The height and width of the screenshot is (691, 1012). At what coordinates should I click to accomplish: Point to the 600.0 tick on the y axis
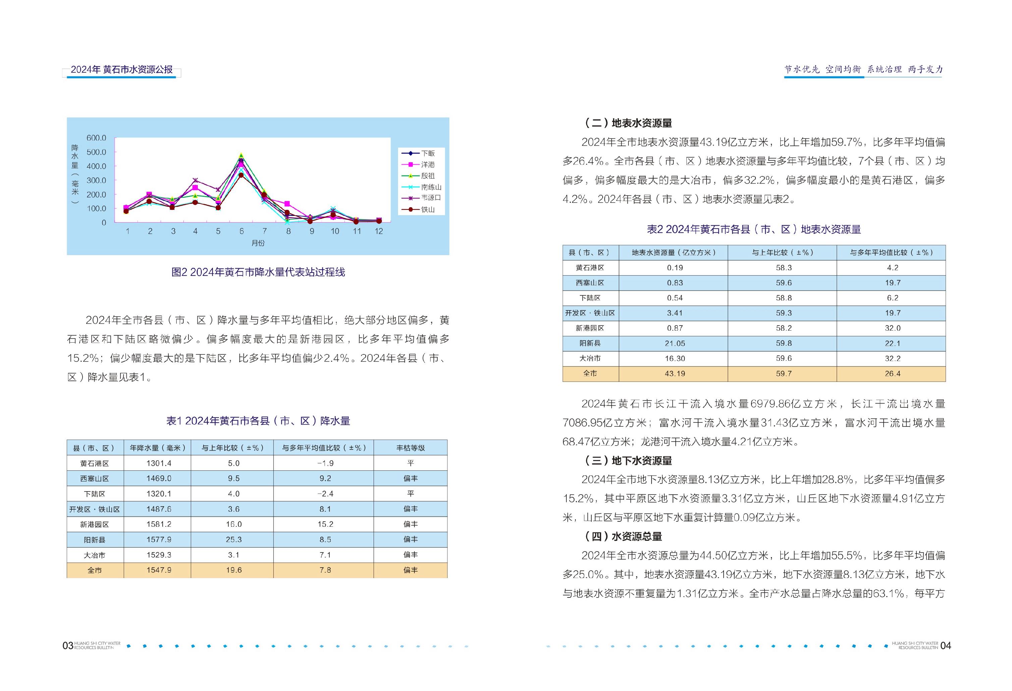96,138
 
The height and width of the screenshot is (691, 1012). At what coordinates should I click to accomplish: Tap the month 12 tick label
379,231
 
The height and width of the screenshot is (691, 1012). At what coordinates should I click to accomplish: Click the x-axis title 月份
258,243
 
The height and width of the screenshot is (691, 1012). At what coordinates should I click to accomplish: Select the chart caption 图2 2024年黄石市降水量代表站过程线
258,272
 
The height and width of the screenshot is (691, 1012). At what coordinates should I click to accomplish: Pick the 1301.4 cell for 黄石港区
159,463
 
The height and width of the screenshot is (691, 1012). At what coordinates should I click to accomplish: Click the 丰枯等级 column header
410,448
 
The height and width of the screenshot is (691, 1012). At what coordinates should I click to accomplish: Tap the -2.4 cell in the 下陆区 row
325,494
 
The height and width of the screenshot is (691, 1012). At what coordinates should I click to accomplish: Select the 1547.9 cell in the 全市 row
159,570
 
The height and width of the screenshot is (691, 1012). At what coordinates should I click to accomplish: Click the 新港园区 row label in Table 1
95,524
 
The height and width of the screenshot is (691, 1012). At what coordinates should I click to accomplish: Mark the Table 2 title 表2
754,229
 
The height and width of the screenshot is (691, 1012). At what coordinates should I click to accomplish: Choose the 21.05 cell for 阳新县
675,343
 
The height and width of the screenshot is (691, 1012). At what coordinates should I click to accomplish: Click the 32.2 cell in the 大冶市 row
892,358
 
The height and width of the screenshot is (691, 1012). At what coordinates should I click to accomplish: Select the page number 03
67,645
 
